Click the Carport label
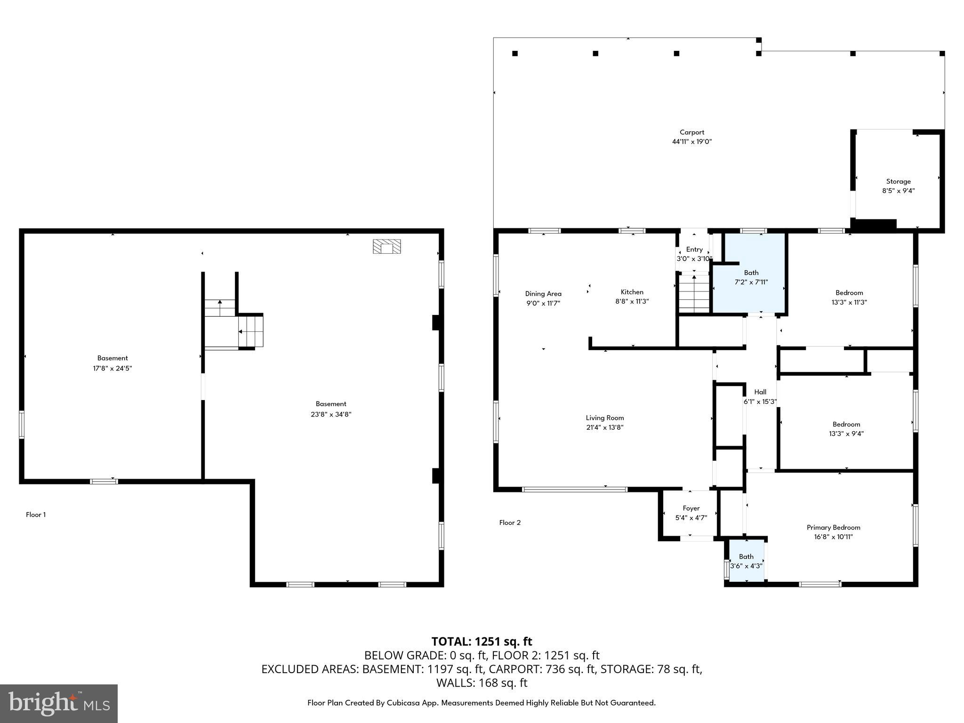(691, 132)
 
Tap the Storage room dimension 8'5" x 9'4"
(898, 191)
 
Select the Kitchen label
(632, 292)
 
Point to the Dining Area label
(543, 294)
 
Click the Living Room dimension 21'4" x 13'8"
(604, 427)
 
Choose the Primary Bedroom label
(833, 527)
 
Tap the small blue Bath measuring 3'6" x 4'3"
(746, 562)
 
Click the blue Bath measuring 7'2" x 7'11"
(751, 278)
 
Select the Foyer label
(691, 508)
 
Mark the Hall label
(760, 392)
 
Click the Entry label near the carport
(694, 249)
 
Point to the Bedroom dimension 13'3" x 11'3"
(849, 302)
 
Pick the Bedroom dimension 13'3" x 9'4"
(846, 434)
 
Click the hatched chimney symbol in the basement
(387, 247)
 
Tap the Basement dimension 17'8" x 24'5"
(112, 368)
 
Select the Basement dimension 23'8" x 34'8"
(331, 414)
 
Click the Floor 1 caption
(36, 514)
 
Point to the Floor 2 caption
(510, 522)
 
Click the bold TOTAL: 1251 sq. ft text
(482, 642)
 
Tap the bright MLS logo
(59, 703)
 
